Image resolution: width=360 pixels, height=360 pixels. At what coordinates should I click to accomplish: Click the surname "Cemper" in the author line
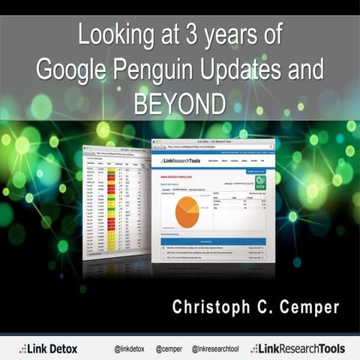(307, 307)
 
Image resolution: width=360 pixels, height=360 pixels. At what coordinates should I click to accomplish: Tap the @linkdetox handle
(130, 349)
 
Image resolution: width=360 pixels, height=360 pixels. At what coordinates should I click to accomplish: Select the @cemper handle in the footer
(169, 349)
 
